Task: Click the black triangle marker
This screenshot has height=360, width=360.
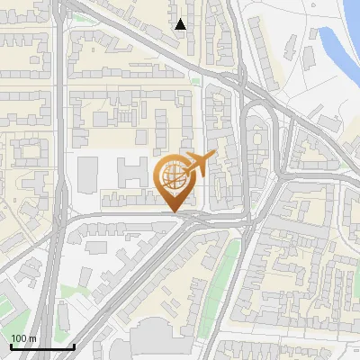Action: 181,24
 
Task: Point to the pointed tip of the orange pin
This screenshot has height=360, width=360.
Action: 173,212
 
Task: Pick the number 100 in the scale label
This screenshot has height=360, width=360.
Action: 18,338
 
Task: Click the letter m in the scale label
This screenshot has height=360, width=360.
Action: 31,338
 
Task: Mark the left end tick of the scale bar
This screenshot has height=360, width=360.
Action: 11,345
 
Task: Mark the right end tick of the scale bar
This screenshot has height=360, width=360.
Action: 74,345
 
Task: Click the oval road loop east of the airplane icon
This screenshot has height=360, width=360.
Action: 258,144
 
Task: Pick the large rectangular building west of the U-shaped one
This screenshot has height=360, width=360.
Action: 89,174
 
